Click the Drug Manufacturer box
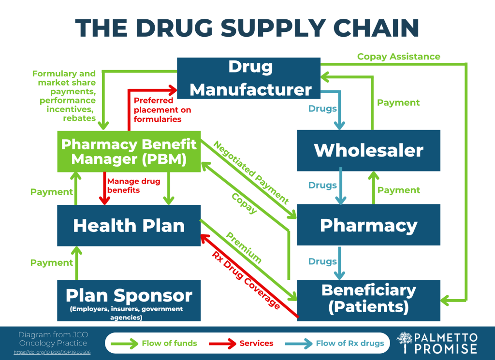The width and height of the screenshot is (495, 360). pyautogui.click(x=249, y=78)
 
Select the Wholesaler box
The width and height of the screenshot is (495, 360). pyautogui.click(x=368, y=150)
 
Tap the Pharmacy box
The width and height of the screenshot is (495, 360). pyautogui.click(x=368, y=225)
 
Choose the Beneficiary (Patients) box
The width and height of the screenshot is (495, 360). pyautogui.click(x=368, y=299)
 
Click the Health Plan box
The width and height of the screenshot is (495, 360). pyautogui.click(x=129, y=225)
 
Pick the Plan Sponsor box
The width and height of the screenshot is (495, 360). pyautogui.click(x=129, y=300)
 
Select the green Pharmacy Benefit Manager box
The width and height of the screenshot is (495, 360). pyautogui.click(x=129, y=151)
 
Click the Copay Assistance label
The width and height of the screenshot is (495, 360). pyautogui.click(x=398, y=57)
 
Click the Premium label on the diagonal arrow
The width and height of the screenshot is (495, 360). pyautogui.click(x=244, y=248)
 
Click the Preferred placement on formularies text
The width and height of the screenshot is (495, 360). pyautogui.click(x=162, y=110)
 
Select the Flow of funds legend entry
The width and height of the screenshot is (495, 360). pyautogui.click(x=154, y=344)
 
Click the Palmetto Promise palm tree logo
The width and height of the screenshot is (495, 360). pyautogui.click(x=405, y=343)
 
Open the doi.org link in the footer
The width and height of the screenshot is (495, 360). pyautogui.click(x=52, y=352)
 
